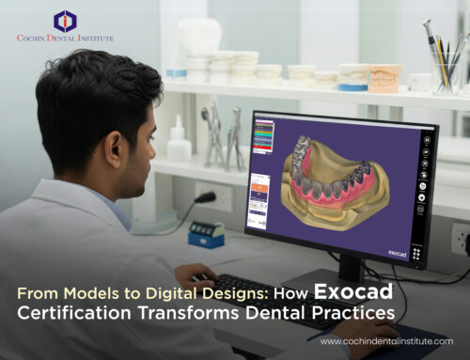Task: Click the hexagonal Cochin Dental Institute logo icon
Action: click(x=65, y=20)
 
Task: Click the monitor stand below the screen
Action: click(x=349, y=268)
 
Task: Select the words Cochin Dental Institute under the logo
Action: click(x=65, y=39)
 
